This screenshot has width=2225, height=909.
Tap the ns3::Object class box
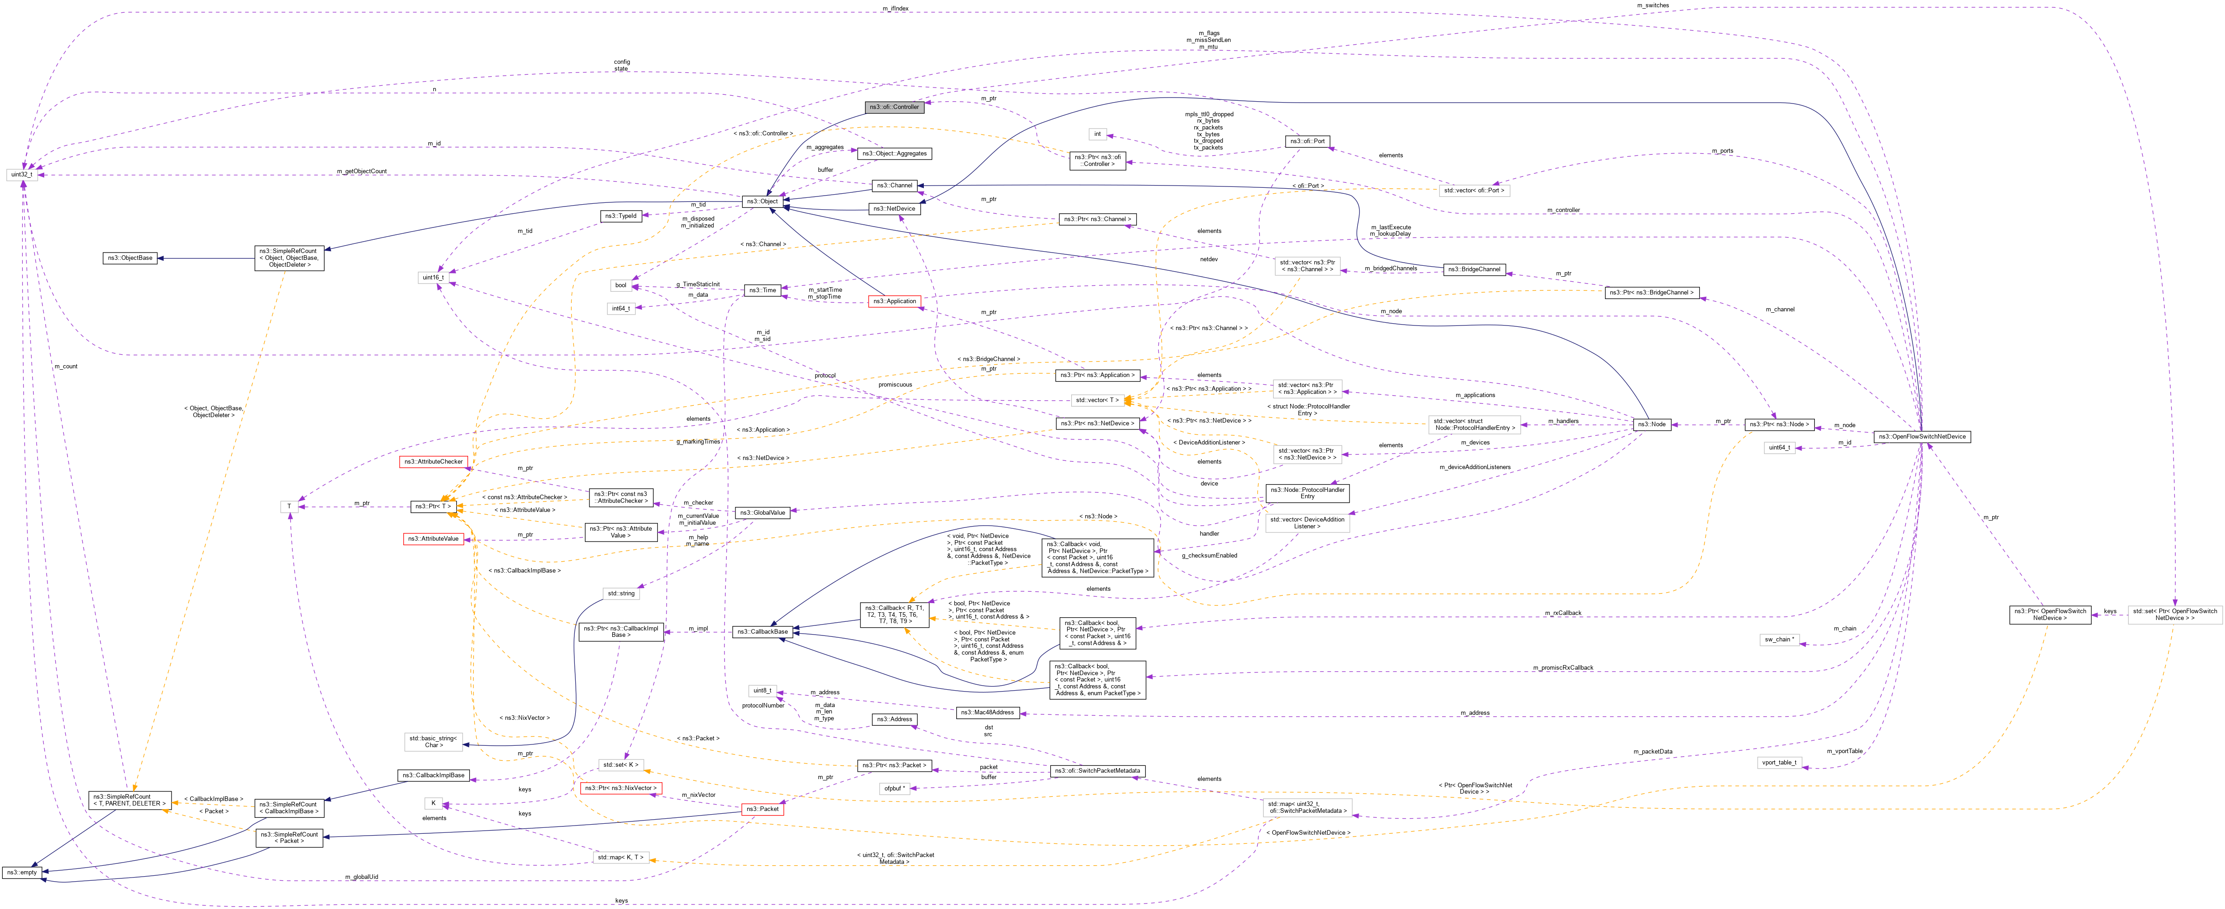click(x=762, y=201)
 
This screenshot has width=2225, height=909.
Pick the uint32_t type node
click(x=21, y=175)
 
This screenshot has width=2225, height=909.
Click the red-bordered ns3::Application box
click(x=894, y=301)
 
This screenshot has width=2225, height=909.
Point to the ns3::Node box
click(x=1652, y=424)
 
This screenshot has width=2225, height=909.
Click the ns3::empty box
click(x=21, y=872)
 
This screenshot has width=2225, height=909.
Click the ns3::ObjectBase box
click(x=130, y=257)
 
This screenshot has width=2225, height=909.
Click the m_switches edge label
click(x=1652, y=5)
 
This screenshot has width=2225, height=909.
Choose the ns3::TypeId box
click(x=621, y=216)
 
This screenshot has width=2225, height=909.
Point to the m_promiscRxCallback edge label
click(x=1563, y=667)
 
